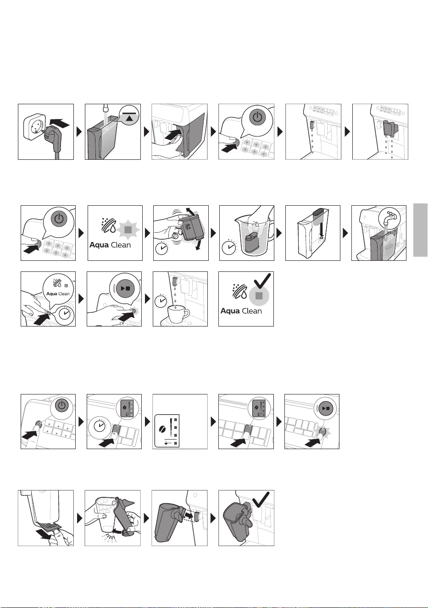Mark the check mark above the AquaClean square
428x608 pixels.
262,281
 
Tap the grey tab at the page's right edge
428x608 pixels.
420,230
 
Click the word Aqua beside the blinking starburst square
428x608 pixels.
99,245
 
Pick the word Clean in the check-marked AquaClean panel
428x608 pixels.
251,311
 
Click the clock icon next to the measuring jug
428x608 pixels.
229,247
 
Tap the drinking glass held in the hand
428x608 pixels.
106,515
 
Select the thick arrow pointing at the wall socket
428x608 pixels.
60,124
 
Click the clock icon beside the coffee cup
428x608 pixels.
161,301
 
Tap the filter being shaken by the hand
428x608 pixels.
192,227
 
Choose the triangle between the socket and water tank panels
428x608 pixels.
79,132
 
